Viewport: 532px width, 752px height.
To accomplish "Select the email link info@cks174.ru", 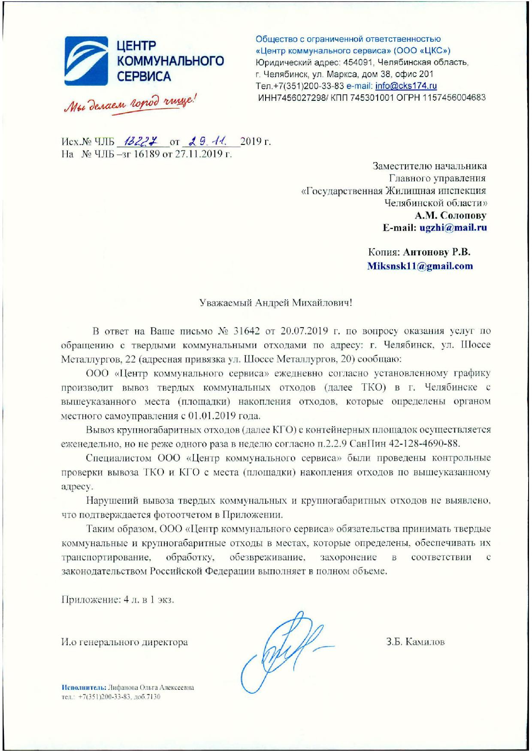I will (406, 86).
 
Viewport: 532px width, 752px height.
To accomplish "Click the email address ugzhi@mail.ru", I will (453, 228).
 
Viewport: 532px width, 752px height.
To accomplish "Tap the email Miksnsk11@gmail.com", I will (420, 266).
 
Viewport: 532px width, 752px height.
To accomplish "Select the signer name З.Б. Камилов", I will (415, 642).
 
